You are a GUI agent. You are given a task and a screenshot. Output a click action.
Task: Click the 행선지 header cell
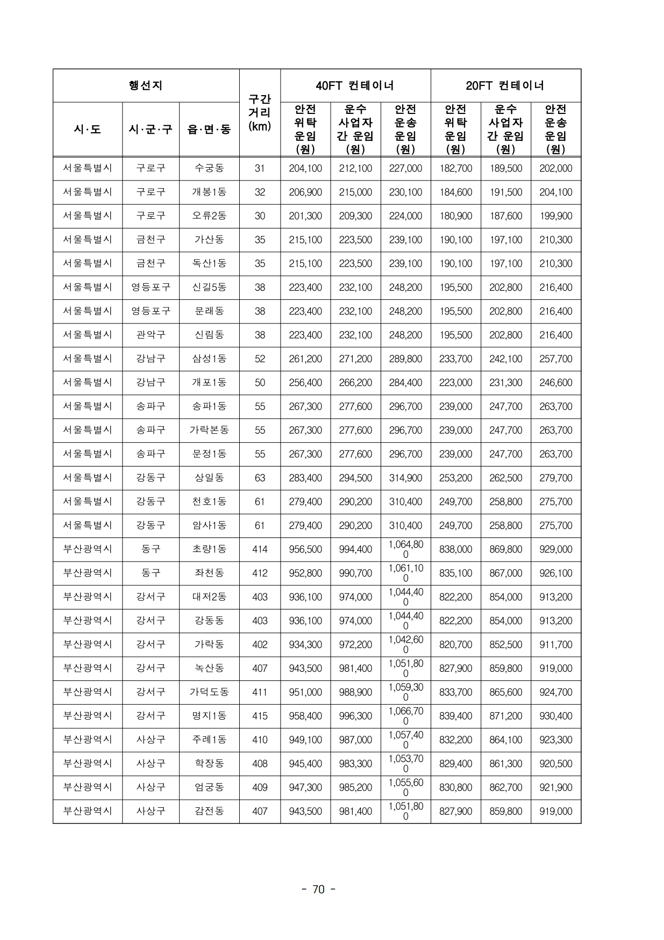point(146,85)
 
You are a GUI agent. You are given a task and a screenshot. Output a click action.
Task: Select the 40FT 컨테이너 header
point(355,85)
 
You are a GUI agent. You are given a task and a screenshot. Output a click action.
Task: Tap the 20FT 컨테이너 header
point(505,85)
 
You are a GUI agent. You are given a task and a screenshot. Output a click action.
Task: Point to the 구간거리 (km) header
point(260,113)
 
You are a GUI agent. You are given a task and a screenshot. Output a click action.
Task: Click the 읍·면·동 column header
point(209,130)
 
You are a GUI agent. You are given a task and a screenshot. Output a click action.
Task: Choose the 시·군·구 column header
point(151,130)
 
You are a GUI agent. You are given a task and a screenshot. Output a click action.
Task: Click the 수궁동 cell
point(209,168)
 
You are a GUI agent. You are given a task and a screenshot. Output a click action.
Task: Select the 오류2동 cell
point(209,216)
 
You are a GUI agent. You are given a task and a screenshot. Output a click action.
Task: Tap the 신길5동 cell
point(209,288)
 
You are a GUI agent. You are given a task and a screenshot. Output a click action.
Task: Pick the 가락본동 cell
point(209,430)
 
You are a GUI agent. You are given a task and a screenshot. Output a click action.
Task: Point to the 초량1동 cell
point(209,549)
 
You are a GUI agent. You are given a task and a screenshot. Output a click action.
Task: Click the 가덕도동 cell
point(209,692)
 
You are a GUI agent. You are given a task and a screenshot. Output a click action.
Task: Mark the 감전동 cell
point(209,811)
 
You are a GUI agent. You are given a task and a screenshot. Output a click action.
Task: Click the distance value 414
point(260,549)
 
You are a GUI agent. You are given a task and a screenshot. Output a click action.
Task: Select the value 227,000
point(405,168)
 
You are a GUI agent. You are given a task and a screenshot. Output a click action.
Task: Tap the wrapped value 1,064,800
point(406,549)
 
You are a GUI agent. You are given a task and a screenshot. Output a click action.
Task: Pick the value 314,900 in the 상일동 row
point(405,478)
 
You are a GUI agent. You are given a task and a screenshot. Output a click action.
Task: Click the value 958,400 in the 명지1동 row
point(305,716)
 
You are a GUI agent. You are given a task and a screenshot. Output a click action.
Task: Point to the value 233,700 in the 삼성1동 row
point(455,358)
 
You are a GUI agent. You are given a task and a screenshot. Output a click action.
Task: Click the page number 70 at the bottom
point(319,889)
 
